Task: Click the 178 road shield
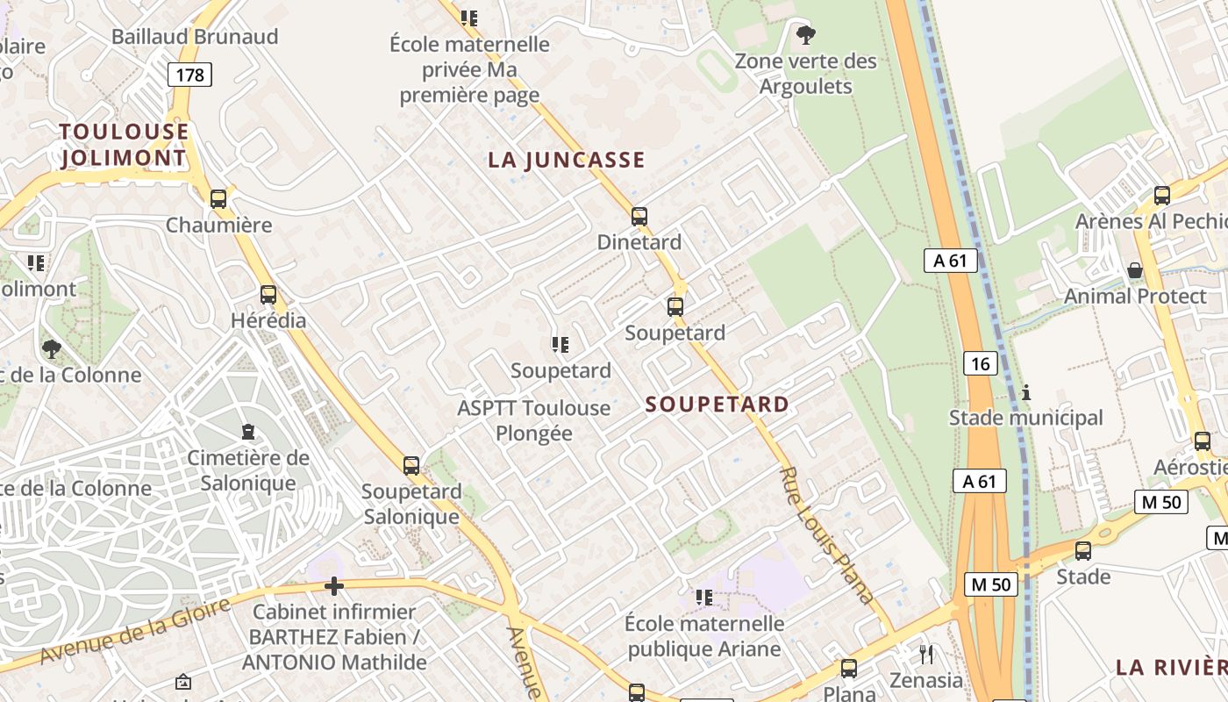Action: tap(189, 75)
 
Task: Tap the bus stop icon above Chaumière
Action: tap(218, 199)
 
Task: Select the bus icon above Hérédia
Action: tap(268, 295)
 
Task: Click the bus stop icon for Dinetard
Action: tap(639, 216)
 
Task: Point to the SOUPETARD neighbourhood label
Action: tap(718, 405)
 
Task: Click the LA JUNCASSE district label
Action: tap(567, 160)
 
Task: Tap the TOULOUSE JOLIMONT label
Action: tap(124, 145)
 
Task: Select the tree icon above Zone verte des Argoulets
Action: tap(805, 36)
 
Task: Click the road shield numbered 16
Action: tap(981, 362)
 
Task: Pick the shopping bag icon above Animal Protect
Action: tap(1135, 270)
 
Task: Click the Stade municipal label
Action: tap(1026, 418)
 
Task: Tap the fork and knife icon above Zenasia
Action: tap(926, 654)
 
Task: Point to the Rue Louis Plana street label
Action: tap(826, 535)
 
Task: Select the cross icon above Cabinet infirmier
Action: tap(334, 586)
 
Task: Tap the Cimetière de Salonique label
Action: tap(248, 470)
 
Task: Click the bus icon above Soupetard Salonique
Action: tap(411, 466)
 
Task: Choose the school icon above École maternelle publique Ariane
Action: tap(703, 598)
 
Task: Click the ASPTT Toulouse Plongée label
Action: tap(534, 420)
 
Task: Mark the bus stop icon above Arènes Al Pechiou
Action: tap(1162, 196)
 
